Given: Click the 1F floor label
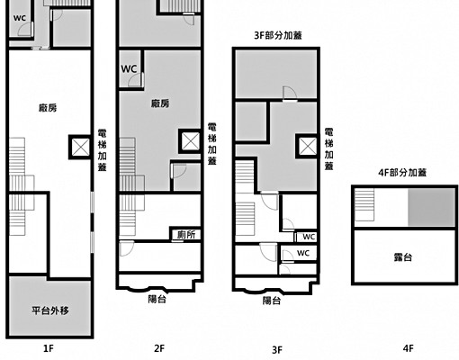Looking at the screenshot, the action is point(49,348).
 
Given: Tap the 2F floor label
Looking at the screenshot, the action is point(159,348).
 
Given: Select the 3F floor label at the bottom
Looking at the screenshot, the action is point(277,350).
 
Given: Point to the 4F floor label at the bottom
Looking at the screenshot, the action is point(409,348).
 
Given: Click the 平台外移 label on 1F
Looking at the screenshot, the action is point(50,310).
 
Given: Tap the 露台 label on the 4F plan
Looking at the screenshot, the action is point(403,257).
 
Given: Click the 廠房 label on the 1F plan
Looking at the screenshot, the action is point(48,108).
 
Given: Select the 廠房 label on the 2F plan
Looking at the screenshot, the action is point(160,103).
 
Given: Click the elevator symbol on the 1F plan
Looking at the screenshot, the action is point(80,147).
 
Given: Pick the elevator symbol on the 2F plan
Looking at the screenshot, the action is point(191,141).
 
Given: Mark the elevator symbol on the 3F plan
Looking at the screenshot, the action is point(308,146).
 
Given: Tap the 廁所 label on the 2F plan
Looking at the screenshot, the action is point(186,235).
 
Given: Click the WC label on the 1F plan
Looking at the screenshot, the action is point(20,18).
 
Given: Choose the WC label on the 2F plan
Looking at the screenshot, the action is point(129,69).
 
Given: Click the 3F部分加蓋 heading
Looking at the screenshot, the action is point(278,35).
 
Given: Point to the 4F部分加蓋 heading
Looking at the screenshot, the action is point(402,173).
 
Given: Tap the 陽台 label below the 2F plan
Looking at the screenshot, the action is point(157,299).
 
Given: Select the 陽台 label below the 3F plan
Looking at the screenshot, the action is point(272,301).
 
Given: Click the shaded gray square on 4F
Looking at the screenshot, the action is point(431,207).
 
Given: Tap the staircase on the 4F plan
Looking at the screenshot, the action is point(364,204).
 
